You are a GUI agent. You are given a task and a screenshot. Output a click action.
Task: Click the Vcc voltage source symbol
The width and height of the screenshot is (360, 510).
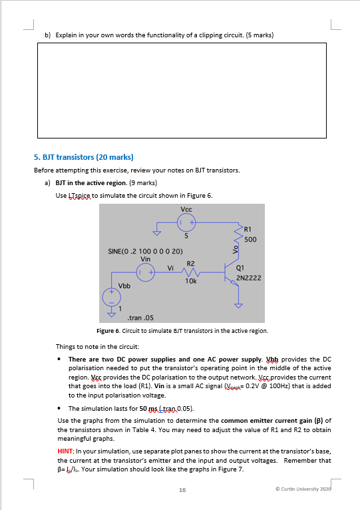186,222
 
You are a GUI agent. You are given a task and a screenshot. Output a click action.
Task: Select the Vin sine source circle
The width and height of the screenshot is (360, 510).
145,272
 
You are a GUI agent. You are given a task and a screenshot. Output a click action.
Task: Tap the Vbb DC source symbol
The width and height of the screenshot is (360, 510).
112,297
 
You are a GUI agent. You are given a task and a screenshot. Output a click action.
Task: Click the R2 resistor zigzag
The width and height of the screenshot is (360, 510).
190,272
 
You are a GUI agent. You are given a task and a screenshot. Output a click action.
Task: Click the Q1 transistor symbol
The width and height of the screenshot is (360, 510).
232,272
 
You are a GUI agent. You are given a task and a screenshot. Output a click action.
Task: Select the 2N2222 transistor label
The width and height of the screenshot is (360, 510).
248,278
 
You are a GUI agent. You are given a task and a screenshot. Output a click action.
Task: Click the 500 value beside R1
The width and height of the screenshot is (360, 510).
250,240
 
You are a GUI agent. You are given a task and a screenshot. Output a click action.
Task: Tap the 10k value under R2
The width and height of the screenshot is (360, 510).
191,281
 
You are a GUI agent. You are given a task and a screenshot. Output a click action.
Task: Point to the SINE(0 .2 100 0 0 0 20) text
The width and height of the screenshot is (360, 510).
145,251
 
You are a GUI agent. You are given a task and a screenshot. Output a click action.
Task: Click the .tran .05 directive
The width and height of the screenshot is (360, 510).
140,318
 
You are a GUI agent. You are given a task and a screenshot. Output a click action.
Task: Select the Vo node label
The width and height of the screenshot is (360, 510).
236,249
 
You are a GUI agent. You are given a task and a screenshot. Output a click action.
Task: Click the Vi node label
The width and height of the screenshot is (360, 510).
170,268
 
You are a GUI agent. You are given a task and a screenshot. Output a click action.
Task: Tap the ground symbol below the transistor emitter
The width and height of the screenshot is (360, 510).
239,306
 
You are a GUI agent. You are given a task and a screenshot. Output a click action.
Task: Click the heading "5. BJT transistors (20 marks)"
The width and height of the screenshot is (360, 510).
84,157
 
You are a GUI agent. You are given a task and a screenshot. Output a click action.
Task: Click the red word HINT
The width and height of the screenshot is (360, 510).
65,451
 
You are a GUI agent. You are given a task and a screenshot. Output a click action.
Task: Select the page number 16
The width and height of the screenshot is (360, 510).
182,490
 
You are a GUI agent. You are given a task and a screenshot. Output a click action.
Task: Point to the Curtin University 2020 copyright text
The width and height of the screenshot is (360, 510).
303,489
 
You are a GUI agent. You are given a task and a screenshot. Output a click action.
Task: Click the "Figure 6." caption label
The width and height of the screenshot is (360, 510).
108,331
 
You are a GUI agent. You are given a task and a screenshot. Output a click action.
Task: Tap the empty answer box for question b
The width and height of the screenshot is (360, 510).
182,91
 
